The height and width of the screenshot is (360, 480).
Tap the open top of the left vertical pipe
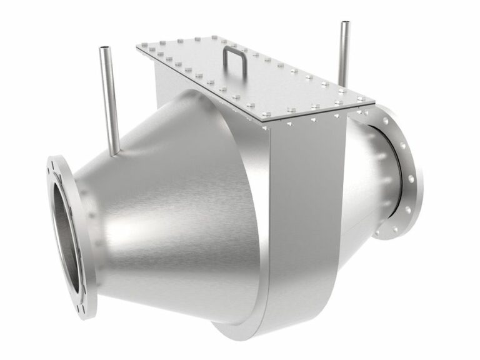point(104,48)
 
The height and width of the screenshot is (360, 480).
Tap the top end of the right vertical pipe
point(344,24)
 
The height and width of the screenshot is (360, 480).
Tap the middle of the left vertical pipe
point(108,100)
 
